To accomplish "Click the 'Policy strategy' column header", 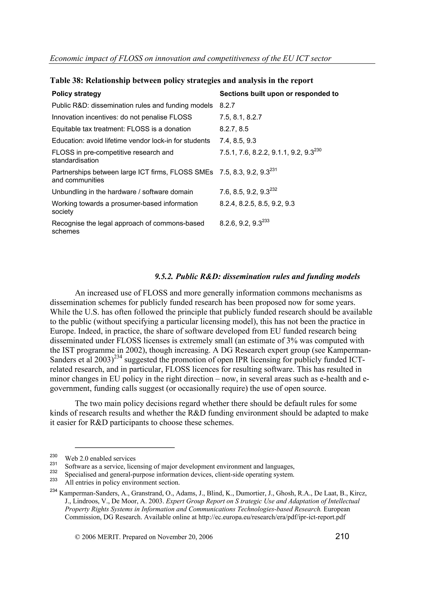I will coord(76,94).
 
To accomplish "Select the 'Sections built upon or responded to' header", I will coord(279,94).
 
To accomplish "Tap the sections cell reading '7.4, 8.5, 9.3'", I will coord(238,141).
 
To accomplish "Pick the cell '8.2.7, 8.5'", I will coord(234,129).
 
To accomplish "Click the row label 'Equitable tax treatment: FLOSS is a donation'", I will coord(121,129).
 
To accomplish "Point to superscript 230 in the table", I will coord(318,150).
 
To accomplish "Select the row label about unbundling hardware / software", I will coord(122,192).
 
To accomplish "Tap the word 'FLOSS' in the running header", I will coord(130,58).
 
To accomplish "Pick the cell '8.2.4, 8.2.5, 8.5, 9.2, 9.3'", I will coord(257,204).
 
